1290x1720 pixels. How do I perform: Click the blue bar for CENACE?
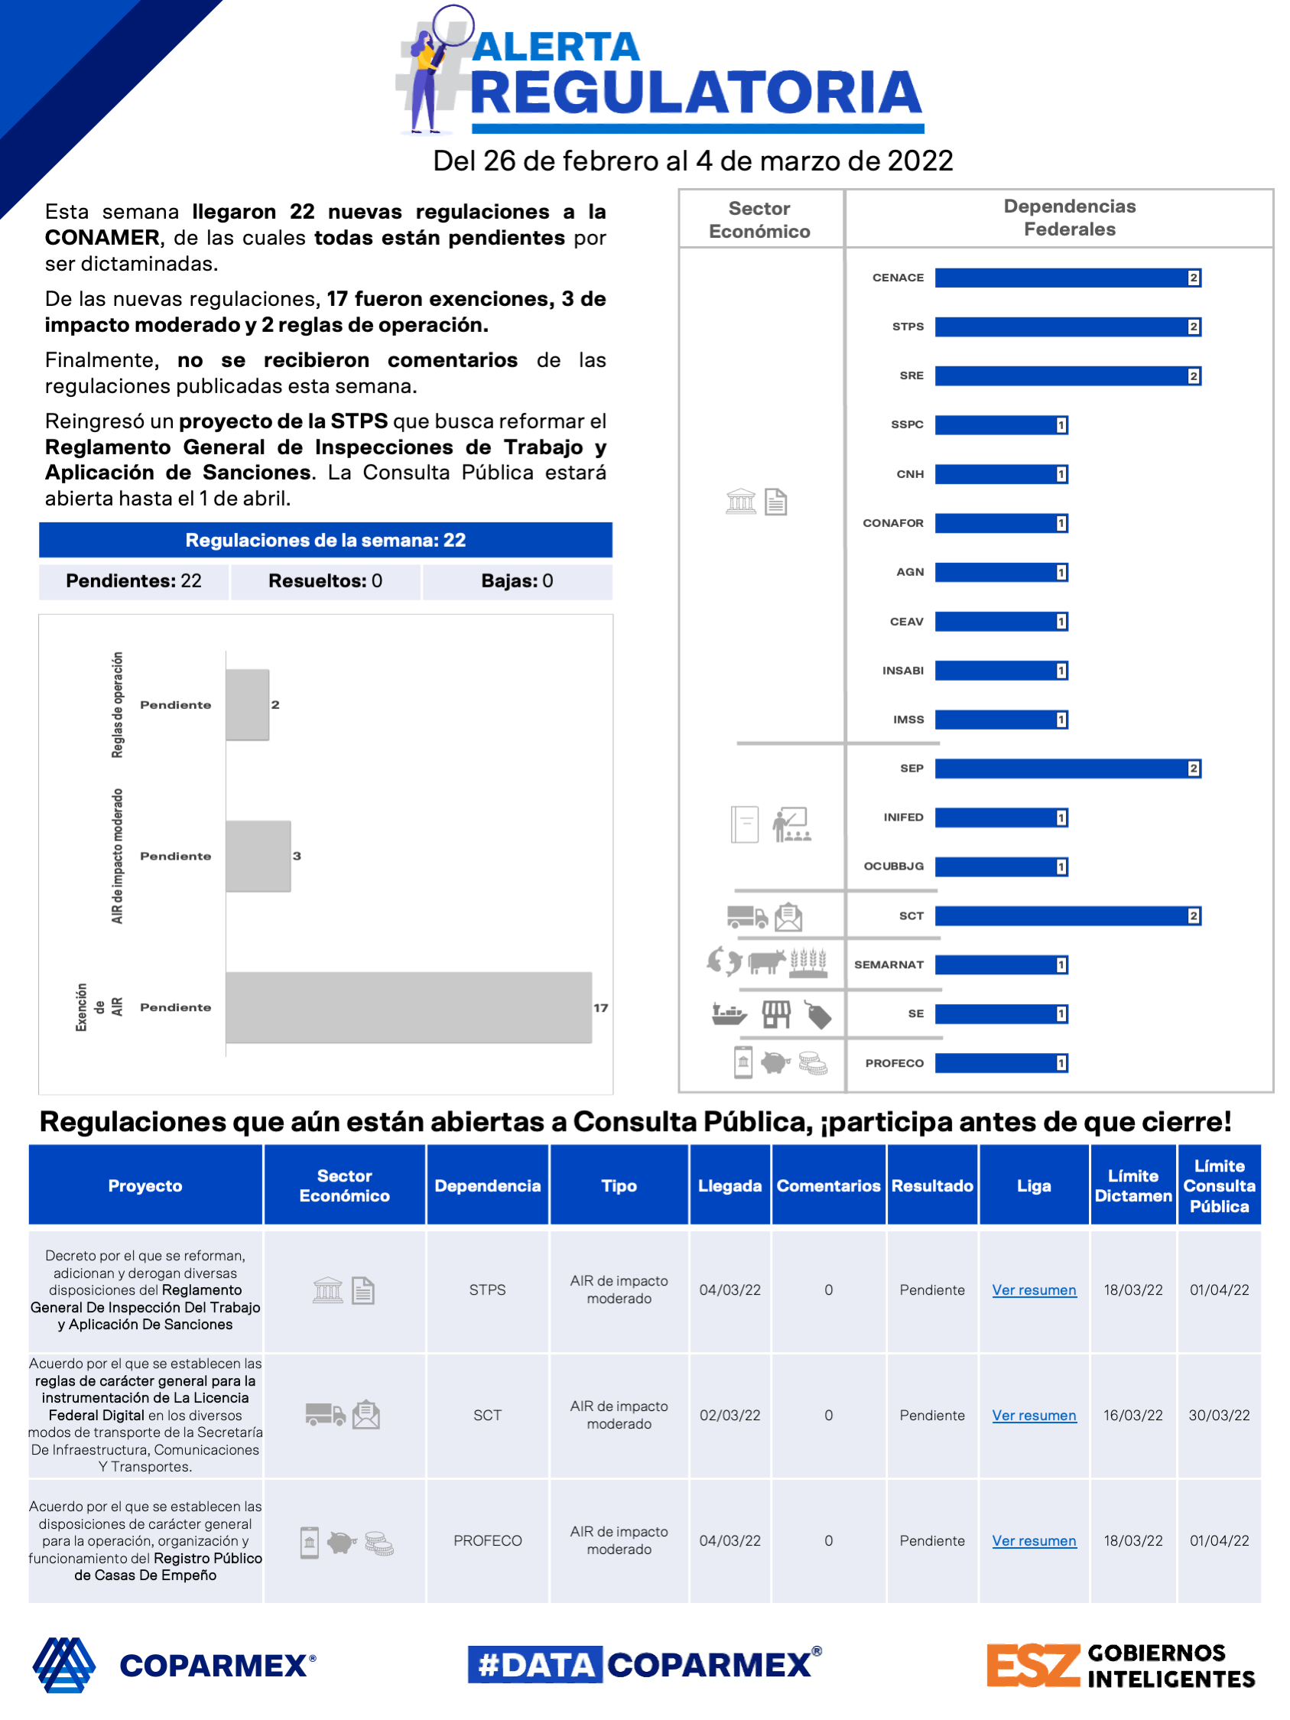click(x=1067, y=278)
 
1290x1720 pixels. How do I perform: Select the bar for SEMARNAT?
click(x=1001, y=965)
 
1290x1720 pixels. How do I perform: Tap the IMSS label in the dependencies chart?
click(x=908, y=720)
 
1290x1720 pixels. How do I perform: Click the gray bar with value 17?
click(x=408, y=1008)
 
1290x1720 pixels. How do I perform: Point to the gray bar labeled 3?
click(x=258, y=856)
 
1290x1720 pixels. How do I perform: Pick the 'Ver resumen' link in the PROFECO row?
click(x=1034, y=1541)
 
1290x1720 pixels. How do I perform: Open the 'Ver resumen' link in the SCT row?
click(x=1034, y=1415)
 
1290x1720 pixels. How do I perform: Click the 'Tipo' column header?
click(x=619, y=1186)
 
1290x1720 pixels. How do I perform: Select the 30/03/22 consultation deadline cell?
click(x=1219, y=1415)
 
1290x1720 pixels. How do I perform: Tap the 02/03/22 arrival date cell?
click(x=730, y=1415)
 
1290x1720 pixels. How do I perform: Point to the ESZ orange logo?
click(x=1032, y=1665)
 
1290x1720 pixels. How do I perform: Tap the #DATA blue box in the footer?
click(x=535, y=1665)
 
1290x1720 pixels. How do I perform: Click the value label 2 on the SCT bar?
click(x=1193, y=916)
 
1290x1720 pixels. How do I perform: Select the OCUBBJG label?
click(x=893, y=867)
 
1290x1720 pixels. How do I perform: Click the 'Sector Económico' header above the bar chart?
click(x=759, y=220)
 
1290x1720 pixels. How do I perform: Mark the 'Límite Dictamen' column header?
click(x=1133, y=1186)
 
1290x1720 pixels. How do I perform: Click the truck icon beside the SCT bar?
click(x=746, y=917)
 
